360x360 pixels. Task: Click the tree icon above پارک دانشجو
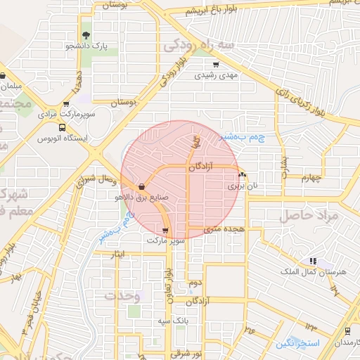click(86, 35)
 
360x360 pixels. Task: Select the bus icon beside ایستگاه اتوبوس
click(63, 128)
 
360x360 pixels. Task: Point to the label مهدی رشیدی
click(217, 74)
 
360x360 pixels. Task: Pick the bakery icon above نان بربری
click(242, 176)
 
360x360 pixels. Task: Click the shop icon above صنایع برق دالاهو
click(143, 187)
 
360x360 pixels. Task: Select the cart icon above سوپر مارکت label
click(165, 230)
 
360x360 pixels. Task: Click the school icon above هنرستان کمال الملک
click(311, 261)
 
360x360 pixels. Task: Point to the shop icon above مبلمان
click(3, 76)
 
